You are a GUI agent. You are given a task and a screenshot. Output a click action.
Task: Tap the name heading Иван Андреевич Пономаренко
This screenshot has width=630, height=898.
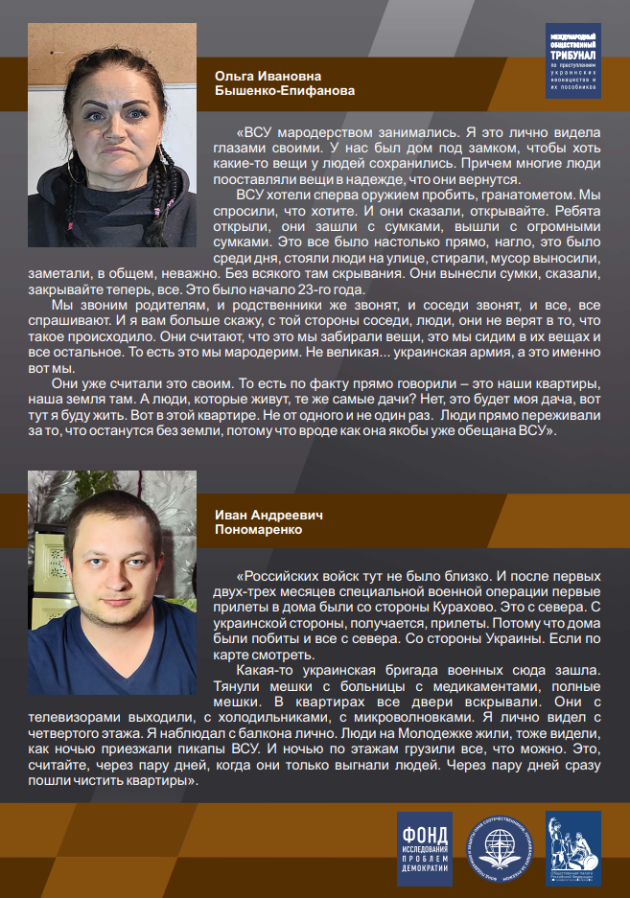(268, 521)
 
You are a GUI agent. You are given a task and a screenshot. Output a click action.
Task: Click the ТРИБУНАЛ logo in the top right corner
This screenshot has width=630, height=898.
(572, 59)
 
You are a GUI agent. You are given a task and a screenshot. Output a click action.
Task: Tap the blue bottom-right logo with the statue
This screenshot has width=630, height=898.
(573, 847)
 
